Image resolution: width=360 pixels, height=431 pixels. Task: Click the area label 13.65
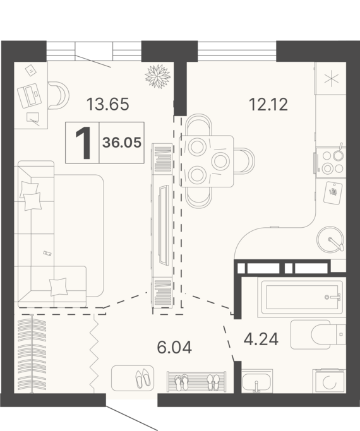click(107, 105)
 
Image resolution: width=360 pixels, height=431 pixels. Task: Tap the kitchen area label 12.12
click(268, 105)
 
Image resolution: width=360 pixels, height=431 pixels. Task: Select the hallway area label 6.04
click(174, 347)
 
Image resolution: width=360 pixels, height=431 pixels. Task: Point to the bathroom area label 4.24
click(261, 339)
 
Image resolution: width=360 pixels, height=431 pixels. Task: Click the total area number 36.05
click(122, 143)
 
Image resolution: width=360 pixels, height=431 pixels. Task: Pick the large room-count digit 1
click(83, 143)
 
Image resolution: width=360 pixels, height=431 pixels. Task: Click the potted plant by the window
click(158, 76)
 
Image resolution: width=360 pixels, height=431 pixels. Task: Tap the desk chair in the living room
click(59, 95)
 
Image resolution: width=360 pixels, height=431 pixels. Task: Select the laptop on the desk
click(30, 95)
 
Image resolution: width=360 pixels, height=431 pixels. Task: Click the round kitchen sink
click(330, 239)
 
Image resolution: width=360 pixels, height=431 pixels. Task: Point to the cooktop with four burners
click(332, 162)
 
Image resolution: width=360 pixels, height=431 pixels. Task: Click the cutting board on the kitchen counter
click(333, 192)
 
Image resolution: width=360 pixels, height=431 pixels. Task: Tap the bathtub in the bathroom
click(302, 297)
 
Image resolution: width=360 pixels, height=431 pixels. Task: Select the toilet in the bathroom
click(318, 334)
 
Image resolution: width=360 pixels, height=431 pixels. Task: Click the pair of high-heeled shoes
click(143, 378)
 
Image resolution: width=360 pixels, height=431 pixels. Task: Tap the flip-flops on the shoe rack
click(182, 382)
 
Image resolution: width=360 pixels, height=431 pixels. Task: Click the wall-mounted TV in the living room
click(163, 225)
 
